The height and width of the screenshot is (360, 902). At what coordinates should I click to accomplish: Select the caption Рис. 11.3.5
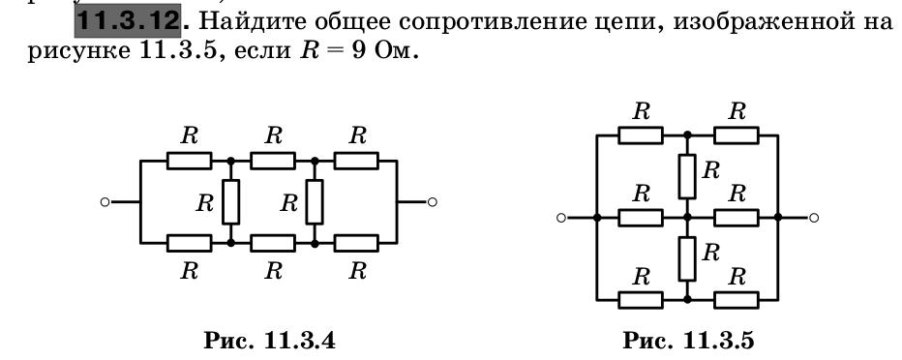pyautogui.click(x=688, y=340)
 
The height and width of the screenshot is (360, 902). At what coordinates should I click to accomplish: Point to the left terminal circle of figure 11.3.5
pyautogui.click(x=560, y=218)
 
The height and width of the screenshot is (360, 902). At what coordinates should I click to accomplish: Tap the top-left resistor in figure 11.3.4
pyautogui.click(x=189, y=161)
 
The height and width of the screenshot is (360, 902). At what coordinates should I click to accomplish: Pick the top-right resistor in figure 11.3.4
pyautogui.click(x=356, y=161)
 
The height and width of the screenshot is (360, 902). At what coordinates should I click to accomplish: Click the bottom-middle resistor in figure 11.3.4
pyautogui.click(x=273, y=242)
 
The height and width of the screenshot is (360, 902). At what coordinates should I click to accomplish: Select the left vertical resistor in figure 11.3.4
pyautogui.click(x=230, y=201)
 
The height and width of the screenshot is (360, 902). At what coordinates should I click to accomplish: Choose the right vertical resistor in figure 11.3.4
pyautogui.click(x=315, y=201)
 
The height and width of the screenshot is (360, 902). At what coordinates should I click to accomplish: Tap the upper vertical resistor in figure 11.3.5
pyautogui.click(x=687, y=174)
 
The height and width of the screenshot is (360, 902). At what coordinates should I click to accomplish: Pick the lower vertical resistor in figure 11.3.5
pyautogui.click(x=687, y=257)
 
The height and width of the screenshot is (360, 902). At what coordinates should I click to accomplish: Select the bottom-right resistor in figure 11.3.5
pyautogui.click(x=736, y=299)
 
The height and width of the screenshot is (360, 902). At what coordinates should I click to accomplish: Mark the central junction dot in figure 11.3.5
pyautogui.click(x=687, y=218)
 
